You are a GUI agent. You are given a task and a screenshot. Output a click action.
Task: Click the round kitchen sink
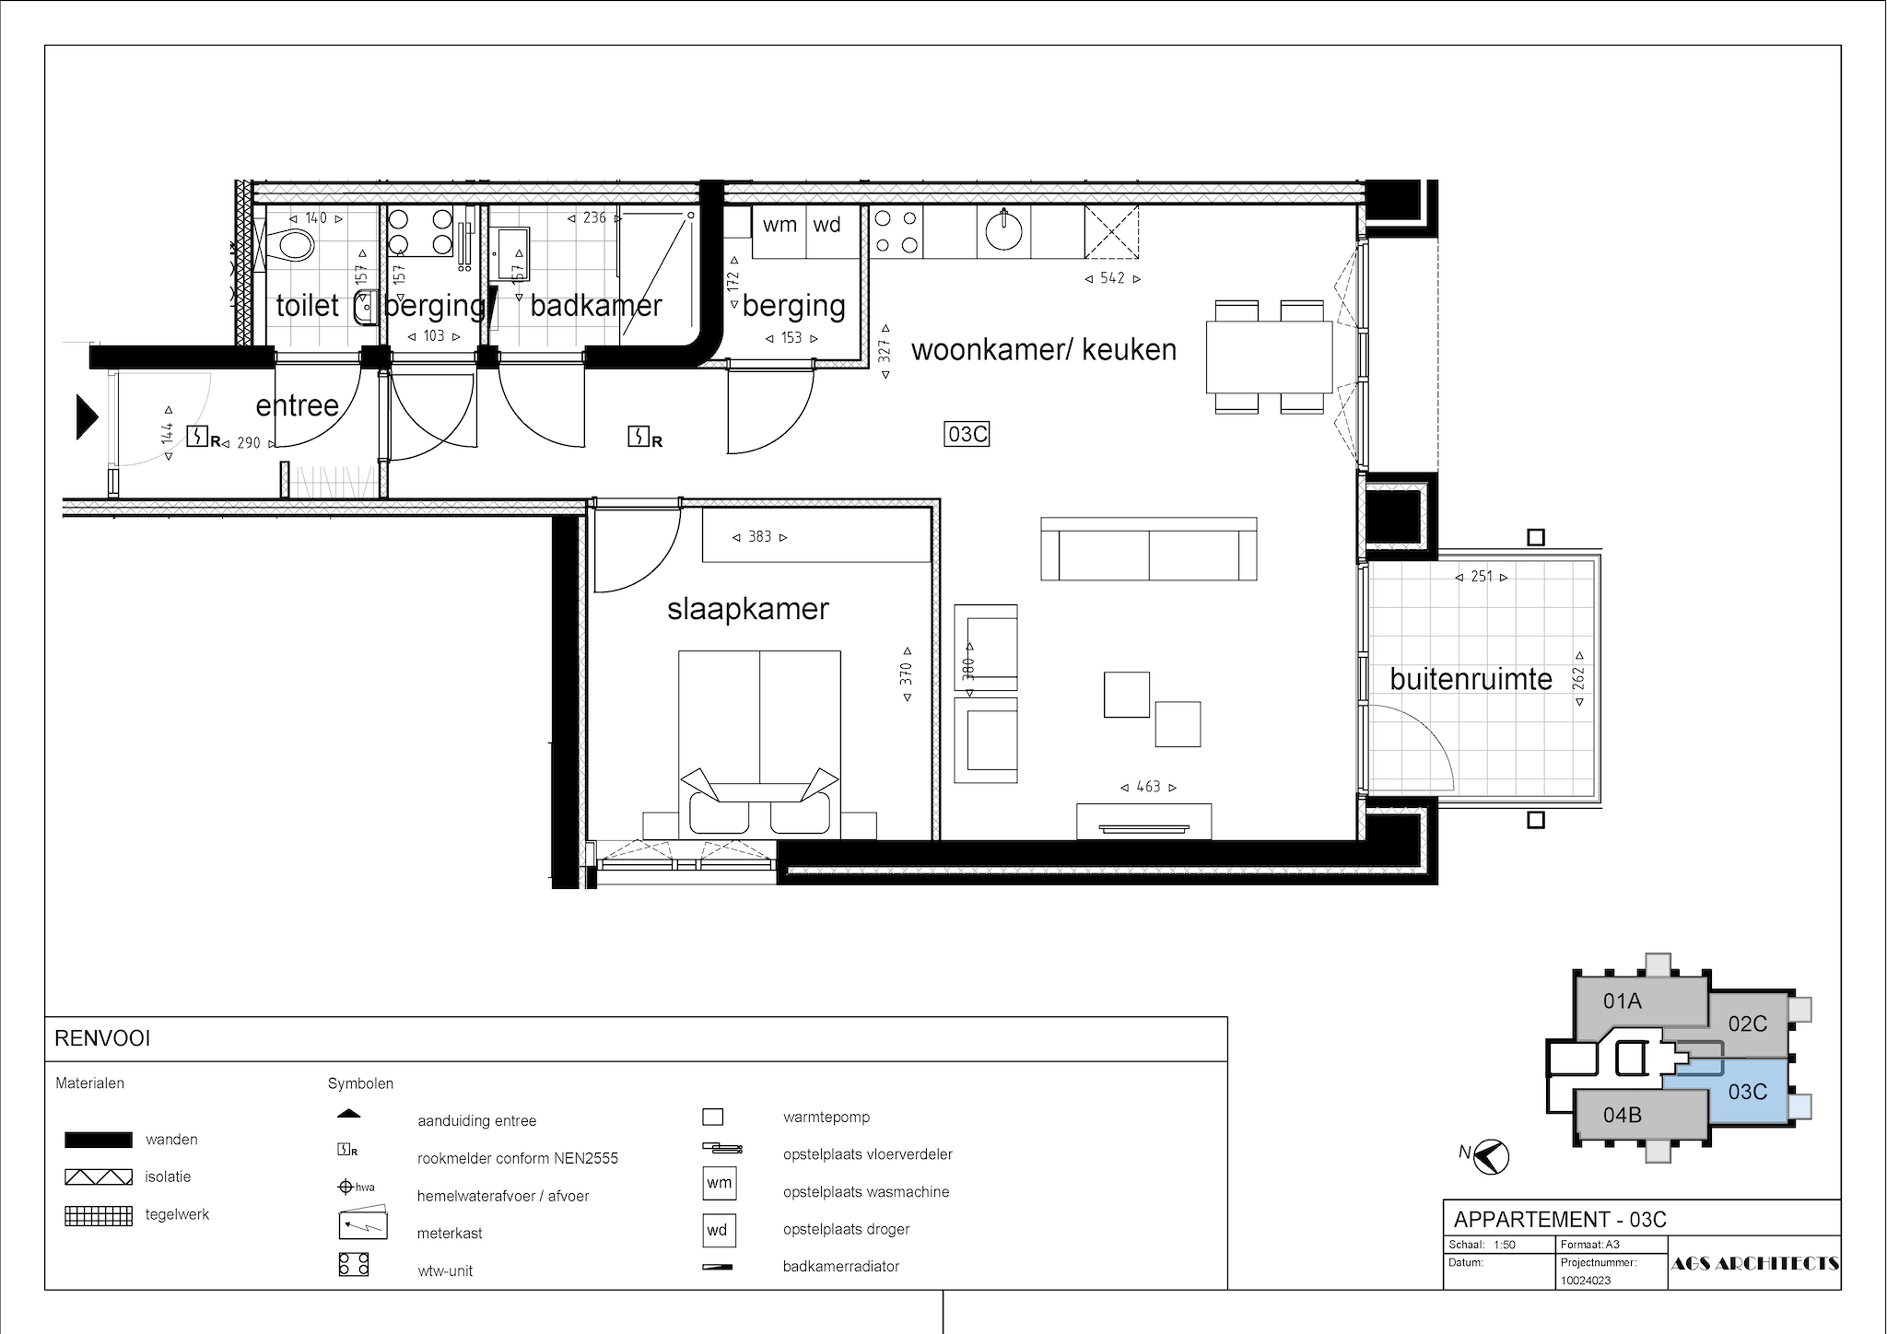(x=1002, y=230)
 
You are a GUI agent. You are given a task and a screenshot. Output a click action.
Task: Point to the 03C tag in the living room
(x=967, y=434)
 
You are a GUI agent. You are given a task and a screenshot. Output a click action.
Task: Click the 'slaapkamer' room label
(x=748, y=609)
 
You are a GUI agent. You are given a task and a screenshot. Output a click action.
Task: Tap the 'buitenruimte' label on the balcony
(x=1471, y=679)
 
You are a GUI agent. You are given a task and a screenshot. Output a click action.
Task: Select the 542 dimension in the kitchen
(x=1112, y=278)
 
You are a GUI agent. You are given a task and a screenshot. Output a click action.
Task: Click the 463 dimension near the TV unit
(x=1148, y=787)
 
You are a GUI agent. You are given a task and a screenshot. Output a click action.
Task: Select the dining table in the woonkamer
(x=1270, y=357)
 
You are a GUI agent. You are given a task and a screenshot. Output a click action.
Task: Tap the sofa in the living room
(x=1149, y=549)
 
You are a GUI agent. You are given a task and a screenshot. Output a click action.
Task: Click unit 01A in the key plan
(x=1623, y=1000)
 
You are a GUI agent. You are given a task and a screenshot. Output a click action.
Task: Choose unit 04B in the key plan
(x=1623, y=1115)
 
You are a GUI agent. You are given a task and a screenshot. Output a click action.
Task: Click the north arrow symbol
(x=1490, y=1157)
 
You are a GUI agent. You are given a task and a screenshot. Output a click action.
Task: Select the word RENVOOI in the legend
(x=102, y=1039)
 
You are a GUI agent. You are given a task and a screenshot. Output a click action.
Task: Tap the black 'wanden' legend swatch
(x=98, y=1140)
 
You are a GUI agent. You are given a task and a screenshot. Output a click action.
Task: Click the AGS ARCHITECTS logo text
(x=1754, y=1263)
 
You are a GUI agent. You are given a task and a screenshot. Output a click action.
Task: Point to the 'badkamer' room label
(x=596, y=306)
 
